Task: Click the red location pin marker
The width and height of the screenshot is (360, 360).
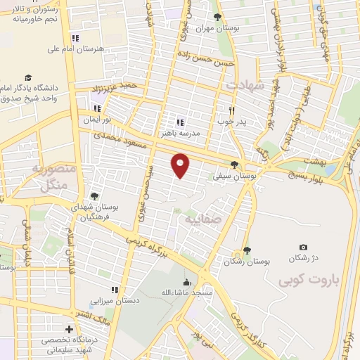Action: [x=181, y=165]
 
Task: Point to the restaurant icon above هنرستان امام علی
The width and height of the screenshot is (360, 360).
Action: [x=75, y=37]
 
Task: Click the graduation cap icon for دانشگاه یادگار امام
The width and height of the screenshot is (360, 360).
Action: [x=28, y=77]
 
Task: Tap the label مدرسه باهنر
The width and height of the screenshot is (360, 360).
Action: [x=181, y=132]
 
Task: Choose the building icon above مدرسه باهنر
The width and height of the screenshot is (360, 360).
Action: [x=179, y=121]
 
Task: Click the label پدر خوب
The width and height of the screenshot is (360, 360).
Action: [x=230, y=121]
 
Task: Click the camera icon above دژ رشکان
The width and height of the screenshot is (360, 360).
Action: [x=303, y=247]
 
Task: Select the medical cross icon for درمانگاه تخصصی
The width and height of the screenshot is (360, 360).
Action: [x=69, y=329]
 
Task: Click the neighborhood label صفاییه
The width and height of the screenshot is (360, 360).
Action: [x=202, y=219]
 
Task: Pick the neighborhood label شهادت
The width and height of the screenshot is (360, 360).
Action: [x=243, y=84]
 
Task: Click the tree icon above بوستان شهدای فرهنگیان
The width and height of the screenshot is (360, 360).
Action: [x=94, y=196]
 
